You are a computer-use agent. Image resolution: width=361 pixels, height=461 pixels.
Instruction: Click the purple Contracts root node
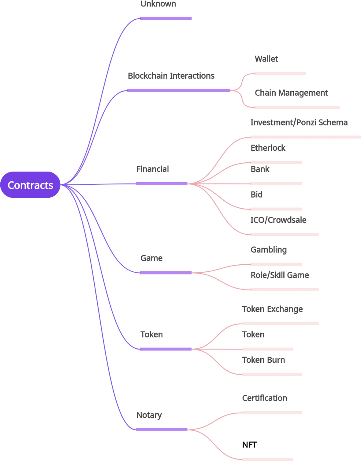[30, 185]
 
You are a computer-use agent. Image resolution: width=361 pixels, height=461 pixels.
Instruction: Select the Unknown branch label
[158, 4]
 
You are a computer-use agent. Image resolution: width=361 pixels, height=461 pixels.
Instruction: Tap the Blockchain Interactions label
[171, 76]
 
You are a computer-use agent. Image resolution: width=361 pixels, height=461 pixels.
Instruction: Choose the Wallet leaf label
[266, 59]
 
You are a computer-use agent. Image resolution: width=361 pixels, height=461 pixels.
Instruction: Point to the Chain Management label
[291, 93]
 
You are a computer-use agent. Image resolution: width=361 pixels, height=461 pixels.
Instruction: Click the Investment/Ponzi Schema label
[299, 123]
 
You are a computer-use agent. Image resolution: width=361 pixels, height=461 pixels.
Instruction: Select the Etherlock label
[268, 148]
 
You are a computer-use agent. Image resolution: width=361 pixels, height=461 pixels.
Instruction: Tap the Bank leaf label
[260, 169]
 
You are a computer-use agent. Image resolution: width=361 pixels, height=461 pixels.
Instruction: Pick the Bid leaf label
[256, 195]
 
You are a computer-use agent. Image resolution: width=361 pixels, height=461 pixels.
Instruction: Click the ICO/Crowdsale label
[278, 220]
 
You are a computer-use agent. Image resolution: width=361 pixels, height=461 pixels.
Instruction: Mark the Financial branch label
[152, 169]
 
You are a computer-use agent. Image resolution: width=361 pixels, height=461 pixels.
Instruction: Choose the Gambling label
[269, 250]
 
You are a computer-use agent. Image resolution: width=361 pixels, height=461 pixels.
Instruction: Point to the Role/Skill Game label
[280, 275]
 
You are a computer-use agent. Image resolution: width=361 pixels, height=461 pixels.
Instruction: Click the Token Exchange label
[272, 309]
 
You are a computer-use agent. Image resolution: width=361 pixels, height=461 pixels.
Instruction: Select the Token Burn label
[263, 360]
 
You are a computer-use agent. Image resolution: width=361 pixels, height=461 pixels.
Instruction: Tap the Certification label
[265, 398]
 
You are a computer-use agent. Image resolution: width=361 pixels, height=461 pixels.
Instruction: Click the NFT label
[249, 445]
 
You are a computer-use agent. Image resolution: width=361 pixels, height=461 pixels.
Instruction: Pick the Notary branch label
[149, 415]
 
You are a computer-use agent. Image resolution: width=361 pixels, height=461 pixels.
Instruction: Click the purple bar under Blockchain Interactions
[178, 90]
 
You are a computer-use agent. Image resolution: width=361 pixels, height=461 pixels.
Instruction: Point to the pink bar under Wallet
[280, 74]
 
